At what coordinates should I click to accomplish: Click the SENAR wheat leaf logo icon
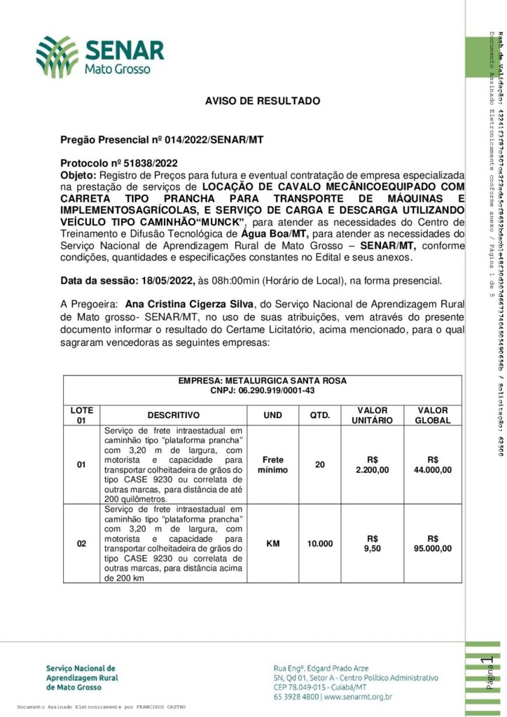click(57, 57)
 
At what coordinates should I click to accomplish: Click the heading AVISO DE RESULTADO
click(263, 102)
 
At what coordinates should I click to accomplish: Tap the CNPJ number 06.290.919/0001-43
click(262, 390)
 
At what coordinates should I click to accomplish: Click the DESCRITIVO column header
click(173, 415)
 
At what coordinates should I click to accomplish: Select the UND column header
click(272, 415)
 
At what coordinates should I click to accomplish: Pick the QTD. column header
click(319, 415)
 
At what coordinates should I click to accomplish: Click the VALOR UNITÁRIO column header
click(373, 415)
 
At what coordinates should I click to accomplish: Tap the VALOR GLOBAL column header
click(433, 415)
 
